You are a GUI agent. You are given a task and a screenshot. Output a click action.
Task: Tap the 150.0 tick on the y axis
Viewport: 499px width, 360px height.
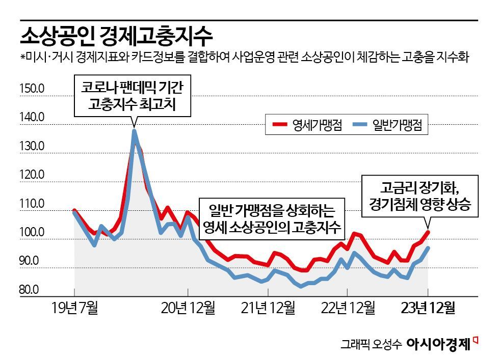click(32, 89)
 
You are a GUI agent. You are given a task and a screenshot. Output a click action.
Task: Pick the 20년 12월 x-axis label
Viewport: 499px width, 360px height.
click(188, 309)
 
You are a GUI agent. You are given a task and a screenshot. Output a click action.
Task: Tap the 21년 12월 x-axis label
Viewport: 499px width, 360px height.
click(268, 309)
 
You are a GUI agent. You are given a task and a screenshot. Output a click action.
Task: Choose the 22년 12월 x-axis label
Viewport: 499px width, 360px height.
click(348, 309)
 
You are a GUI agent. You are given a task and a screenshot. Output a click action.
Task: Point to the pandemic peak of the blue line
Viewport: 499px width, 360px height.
click(134, 131)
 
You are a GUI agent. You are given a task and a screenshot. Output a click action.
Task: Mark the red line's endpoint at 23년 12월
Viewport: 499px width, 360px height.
click(428, 232)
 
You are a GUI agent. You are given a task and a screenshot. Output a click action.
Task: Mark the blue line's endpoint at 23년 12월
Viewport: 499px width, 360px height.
click(428, 248)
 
